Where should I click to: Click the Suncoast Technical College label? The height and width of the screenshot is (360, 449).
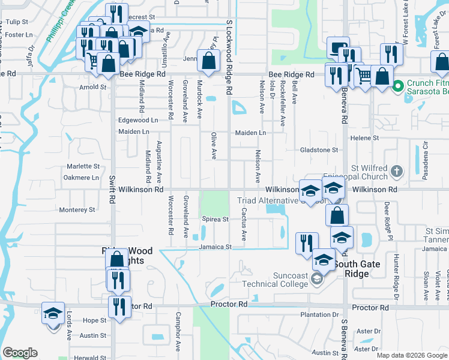[274, 279]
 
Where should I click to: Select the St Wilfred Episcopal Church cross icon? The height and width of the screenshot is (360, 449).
[396, 172]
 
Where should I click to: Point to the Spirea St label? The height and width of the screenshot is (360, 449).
[215, 220]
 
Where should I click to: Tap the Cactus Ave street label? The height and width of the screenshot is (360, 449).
[244, 224]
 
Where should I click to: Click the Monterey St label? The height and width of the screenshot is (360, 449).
[77, 210]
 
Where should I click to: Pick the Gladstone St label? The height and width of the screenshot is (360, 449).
[320, 149]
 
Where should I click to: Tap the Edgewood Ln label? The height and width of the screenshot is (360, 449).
[138, 120]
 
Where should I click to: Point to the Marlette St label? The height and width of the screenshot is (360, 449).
[83, 166]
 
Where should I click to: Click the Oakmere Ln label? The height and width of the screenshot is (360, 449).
[81, 178]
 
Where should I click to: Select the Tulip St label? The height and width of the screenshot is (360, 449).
[17, 22]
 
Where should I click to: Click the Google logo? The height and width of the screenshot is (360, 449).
[20, 353]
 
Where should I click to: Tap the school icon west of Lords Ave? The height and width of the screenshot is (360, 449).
[53, 313]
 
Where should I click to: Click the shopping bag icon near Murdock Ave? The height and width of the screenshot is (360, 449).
[208, 61]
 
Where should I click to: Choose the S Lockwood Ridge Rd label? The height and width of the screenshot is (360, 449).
[229, 56]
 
